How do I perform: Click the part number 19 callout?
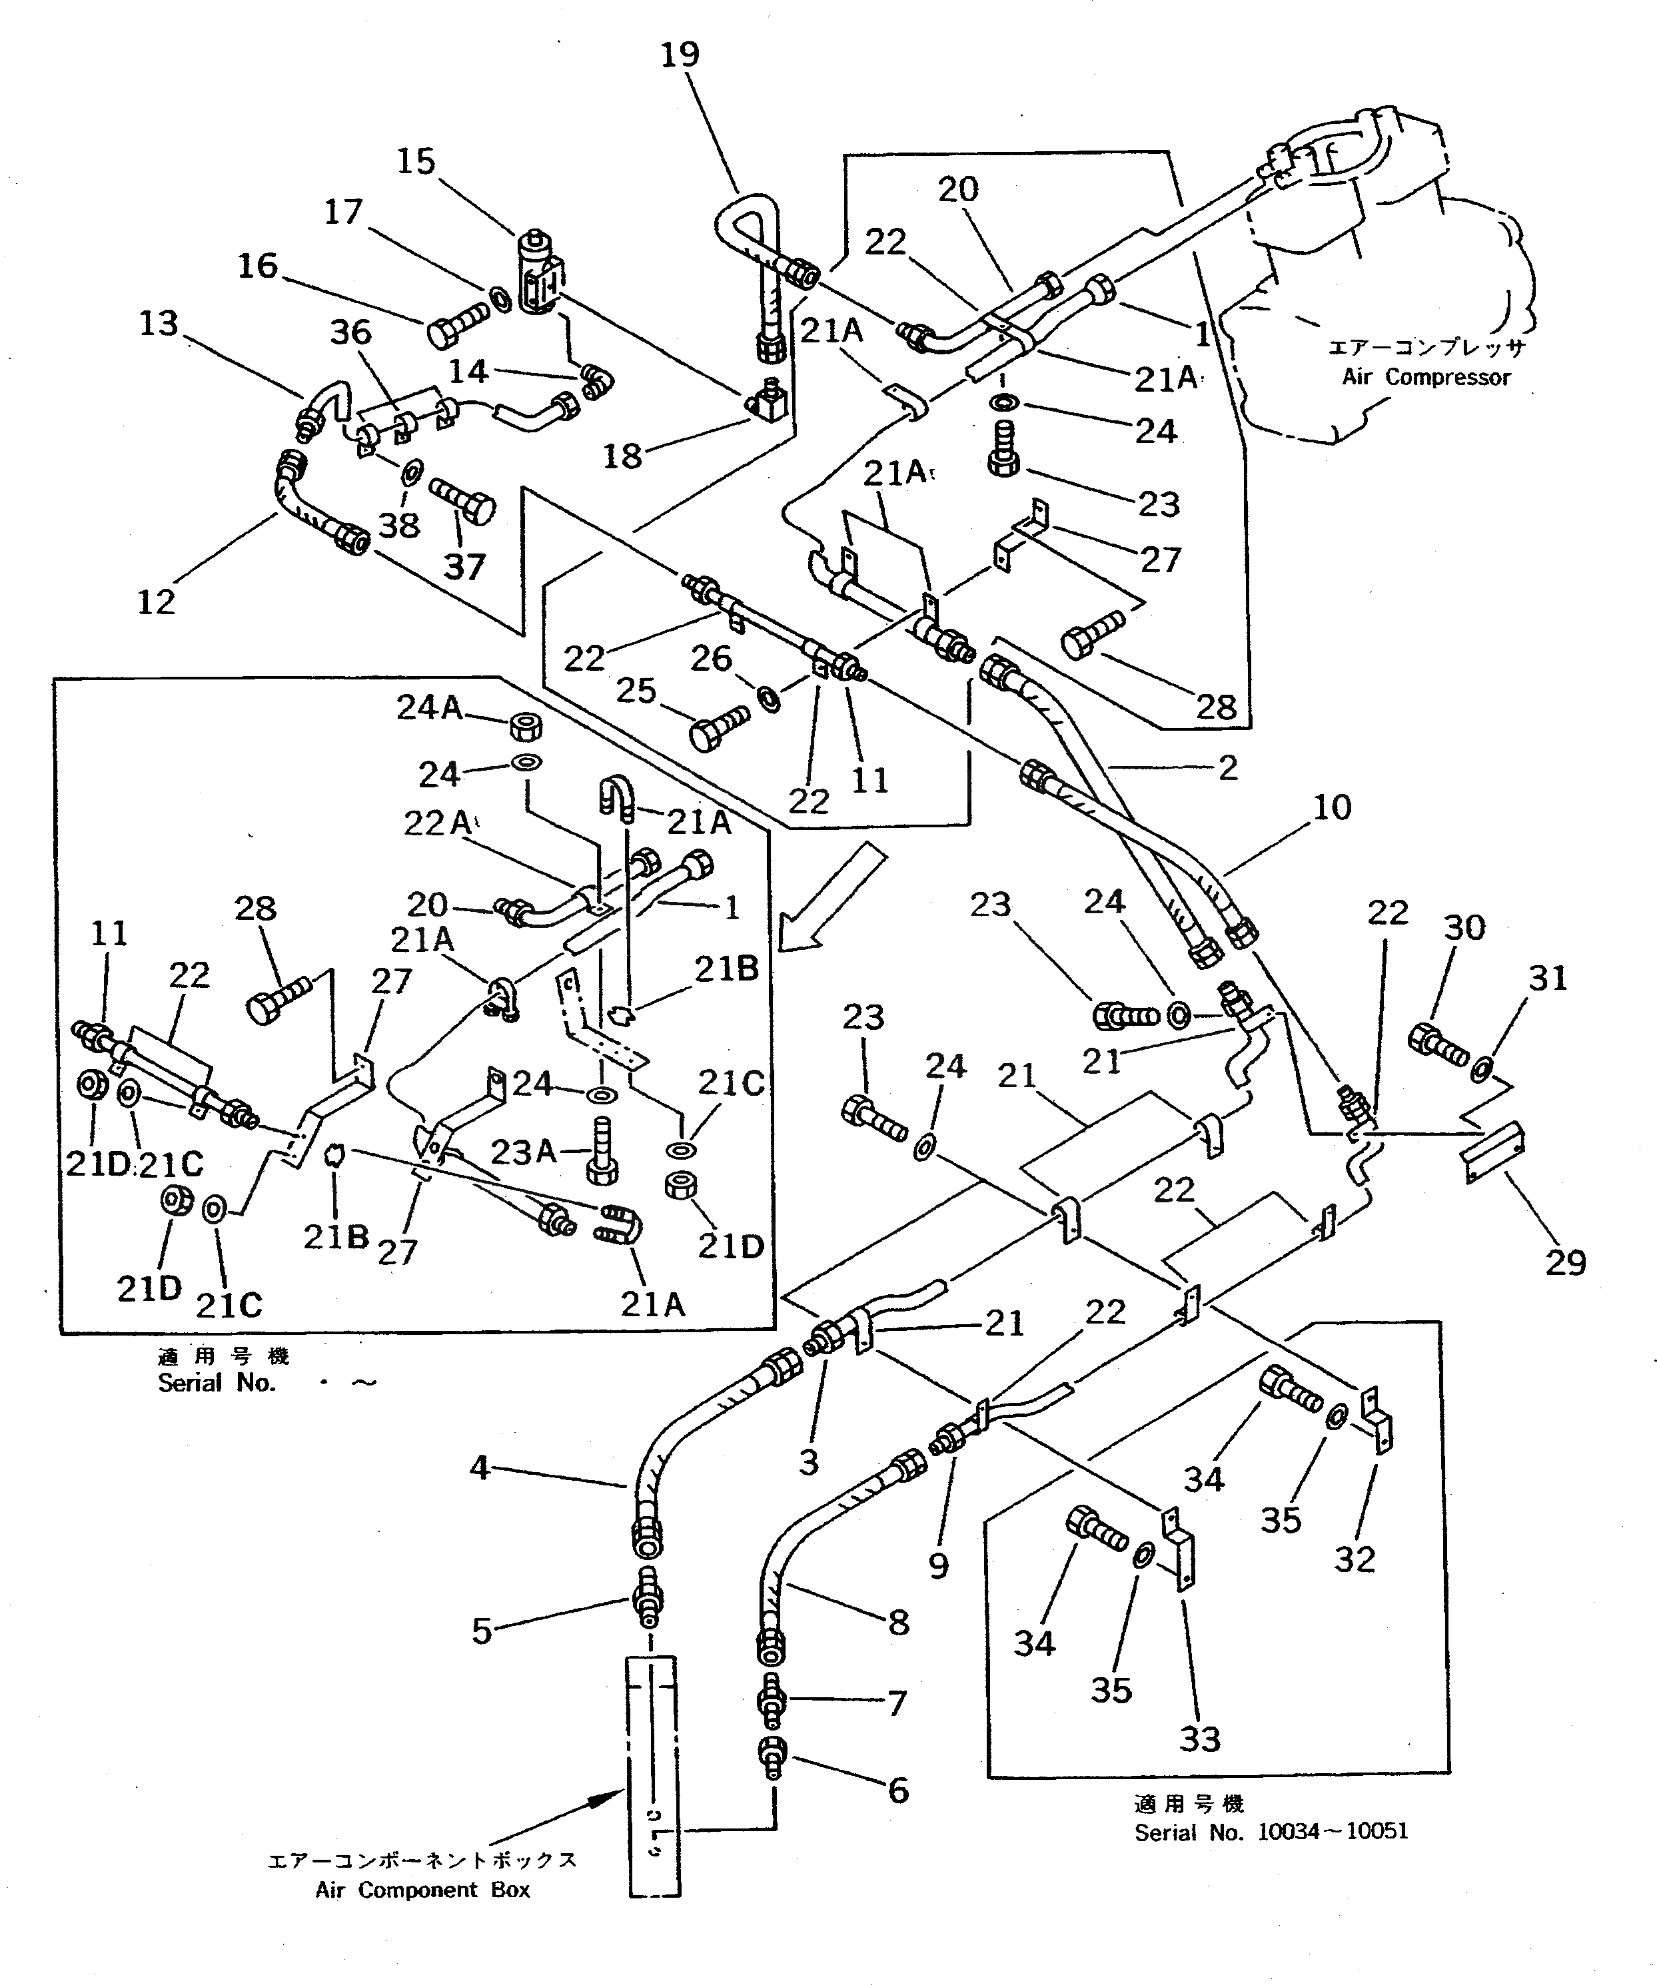point(679,55)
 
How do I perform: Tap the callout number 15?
point(415,162)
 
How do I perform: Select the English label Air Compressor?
point(1426,377)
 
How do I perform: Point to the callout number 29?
point(1565,1262)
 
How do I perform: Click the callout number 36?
point(350,333)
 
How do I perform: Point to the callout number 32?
point(1354,1559)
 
